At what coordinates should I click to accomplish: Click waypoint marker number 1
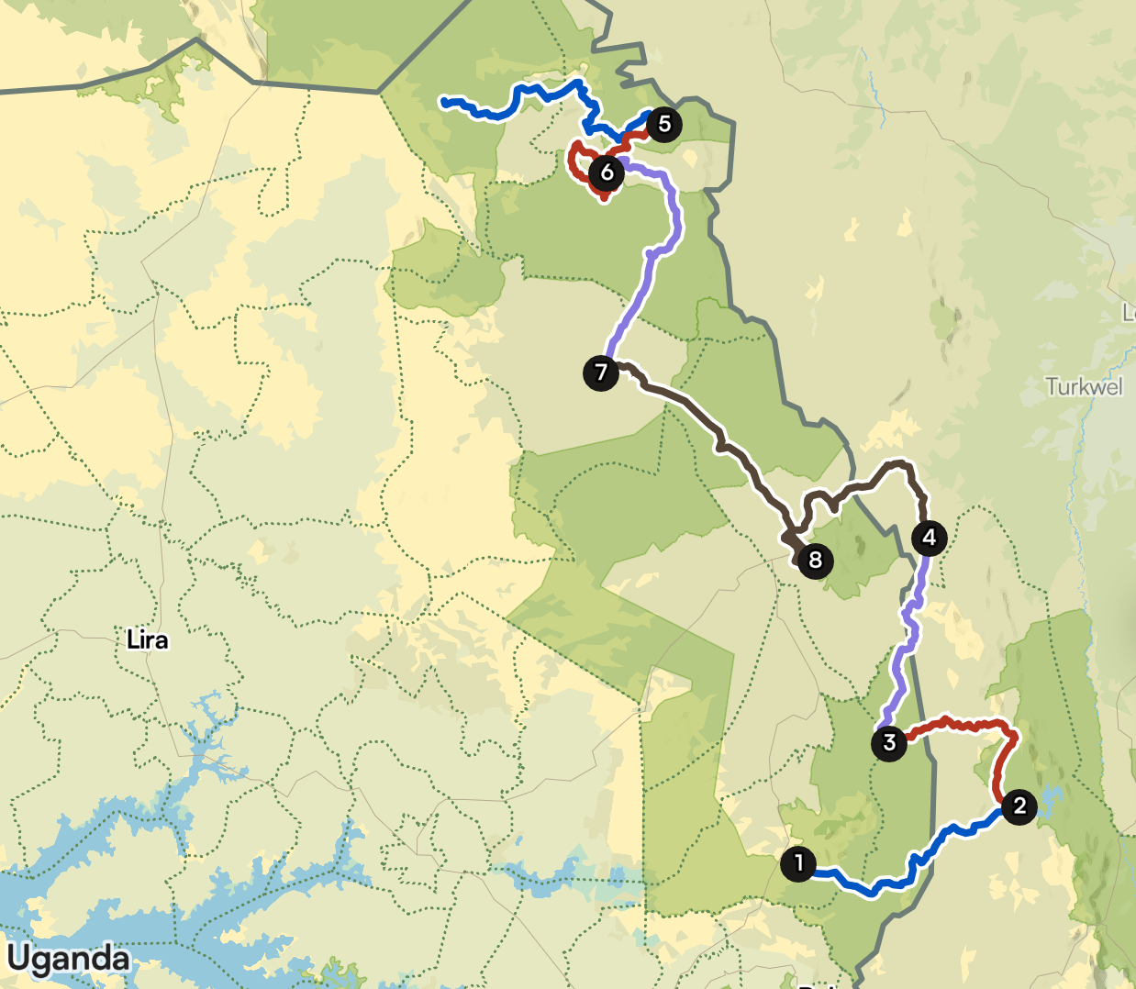798,863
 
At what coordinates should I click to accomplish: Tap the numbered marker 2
1019,806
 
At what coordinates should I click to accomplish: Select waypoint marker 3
888,742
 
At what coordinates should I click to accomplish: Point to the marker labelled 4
929,537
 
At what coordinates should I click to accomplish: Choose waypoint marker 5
664,124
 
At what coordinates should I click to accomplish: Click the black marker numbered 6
607,172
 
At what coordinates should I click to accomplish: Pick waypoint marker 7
601,372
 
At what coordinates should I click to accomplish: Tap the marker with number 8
815,560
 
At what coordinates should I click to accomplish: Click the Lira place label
147,639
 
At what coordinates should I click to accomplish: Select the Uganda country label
69,959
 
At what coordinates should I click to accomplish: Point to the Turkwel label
1084,386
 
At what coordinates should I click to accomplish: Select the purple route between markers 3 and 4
908,633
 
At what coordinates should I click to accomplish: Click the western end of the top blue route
444,101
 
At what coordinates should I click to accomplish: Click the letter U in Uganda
18,959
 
